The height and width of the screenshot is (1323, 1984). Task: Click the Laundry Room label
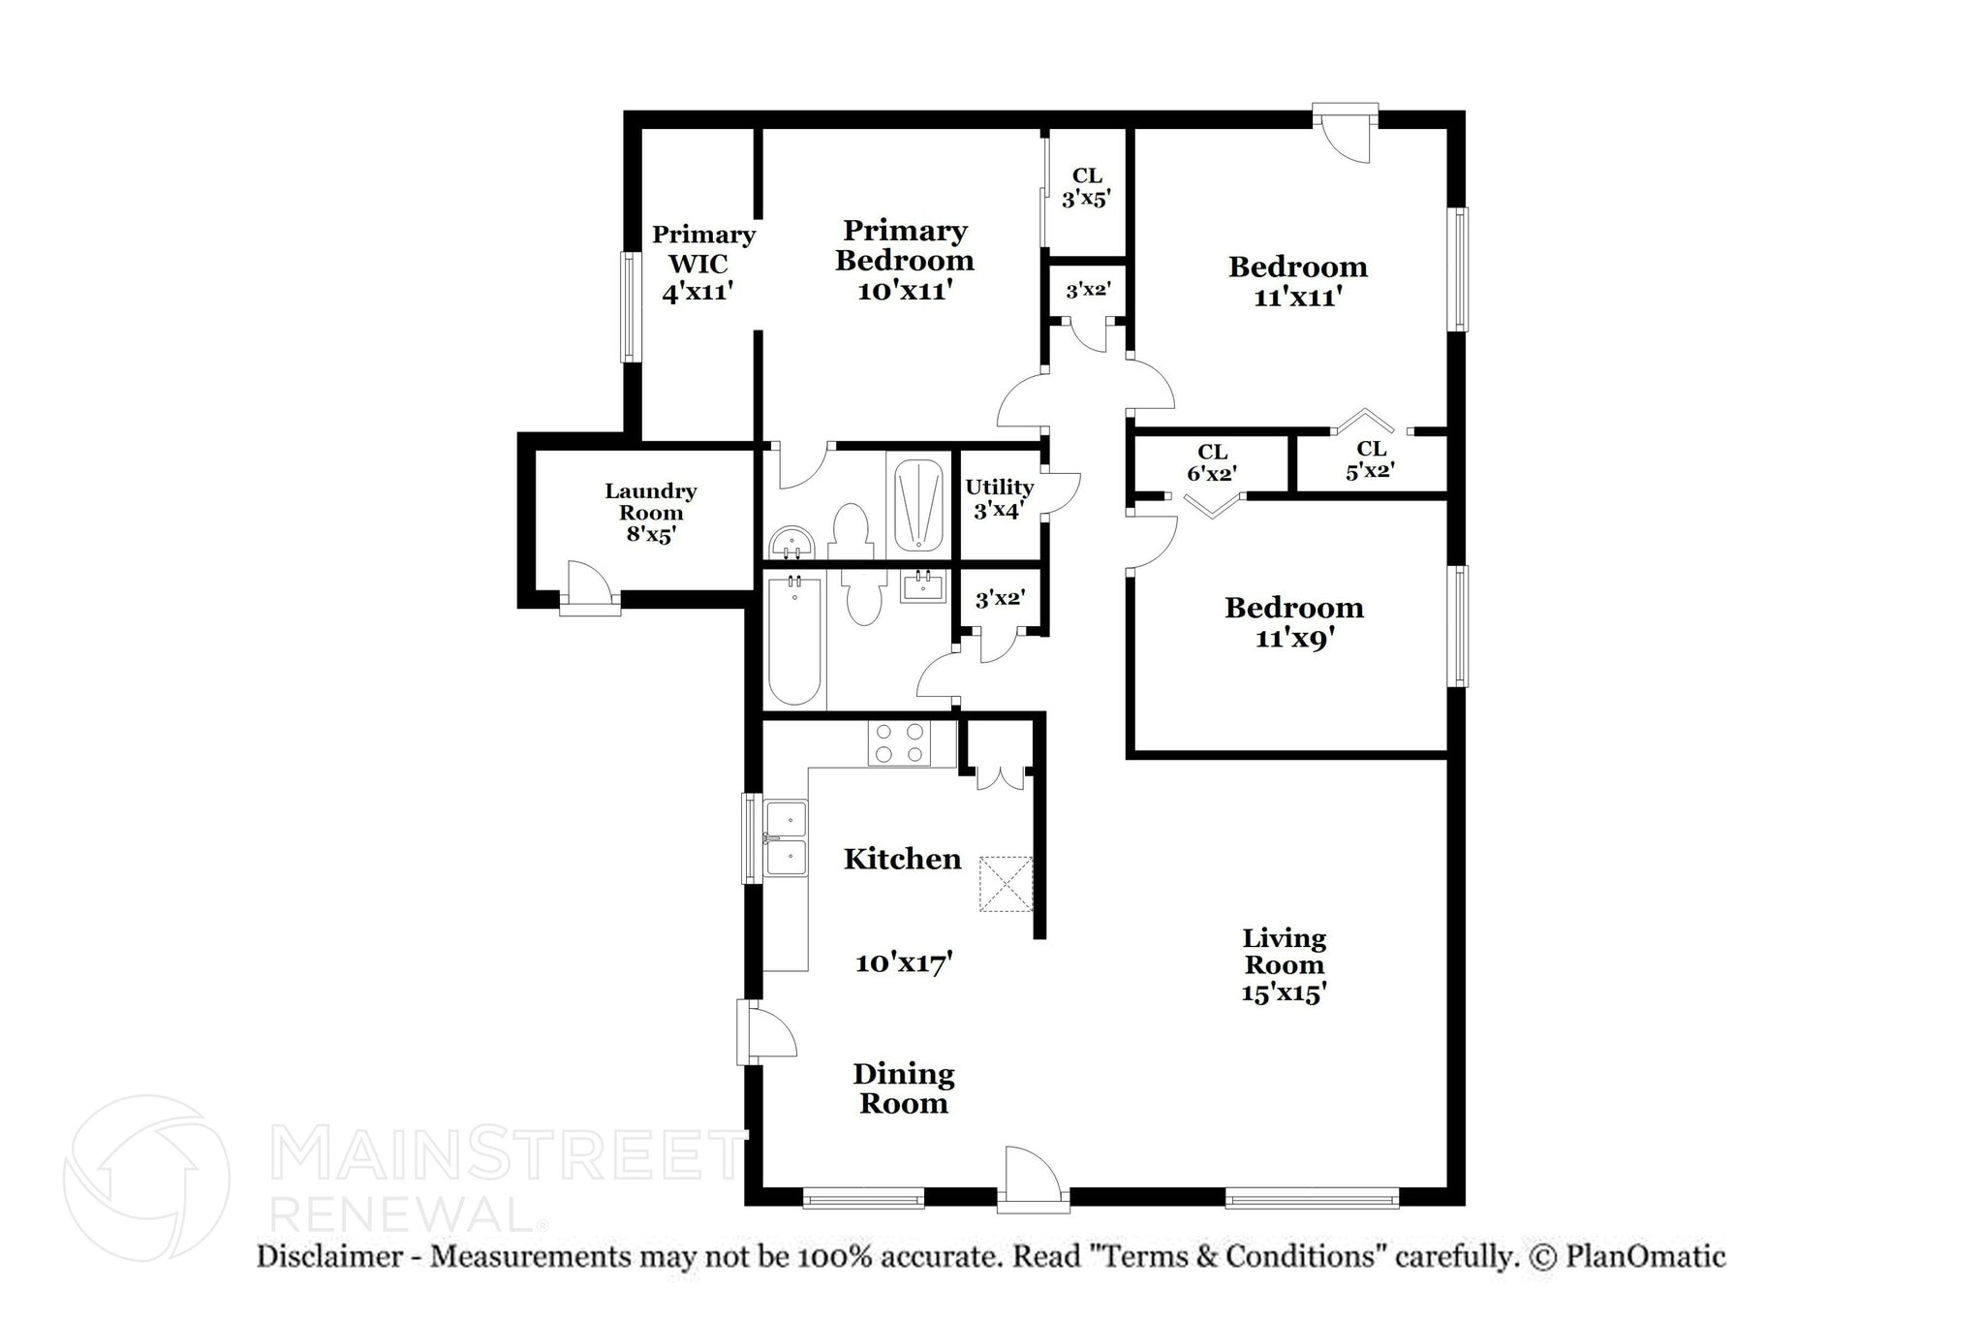(650, 513)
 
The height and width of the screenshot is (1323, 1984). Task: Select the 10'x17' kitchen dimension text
(904, 962)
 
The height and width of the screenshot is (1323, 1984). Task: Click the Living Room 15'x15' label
(1284, 965)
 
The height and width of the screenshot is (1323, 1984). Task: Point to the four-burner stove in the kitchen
(898, 743)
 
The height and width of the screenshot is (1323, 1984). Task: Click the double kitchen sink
(786, 838)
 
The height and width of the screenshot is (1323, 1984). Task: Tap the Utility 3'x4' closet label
(999, 498)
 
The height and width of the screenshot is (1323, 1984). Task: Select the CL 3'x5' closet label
(1086, 187)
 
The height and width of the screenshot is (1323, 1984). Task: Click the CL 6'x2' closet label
(1212, 462)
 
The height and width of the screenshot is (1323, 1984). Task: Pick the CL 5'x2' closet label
(1370, 460)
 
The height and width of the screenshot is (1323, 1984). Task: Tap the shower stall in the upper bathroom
(917, 505)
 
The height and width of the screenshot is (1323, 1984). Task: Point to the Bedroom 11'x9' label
(1293, 622)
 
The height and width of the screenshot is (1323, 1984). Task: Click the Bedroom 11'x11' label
(1297, 281)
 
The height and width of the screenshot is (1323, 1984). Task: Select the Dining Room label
(903, 1087)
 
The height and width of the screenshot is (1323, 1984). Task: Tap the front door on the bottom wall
(1034, 1181)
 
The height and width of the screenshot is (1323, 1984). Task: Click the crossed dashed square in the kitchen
(1006, 883)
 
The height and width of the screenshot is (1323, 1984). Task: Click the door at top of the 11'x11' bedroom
(1347, 133)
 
